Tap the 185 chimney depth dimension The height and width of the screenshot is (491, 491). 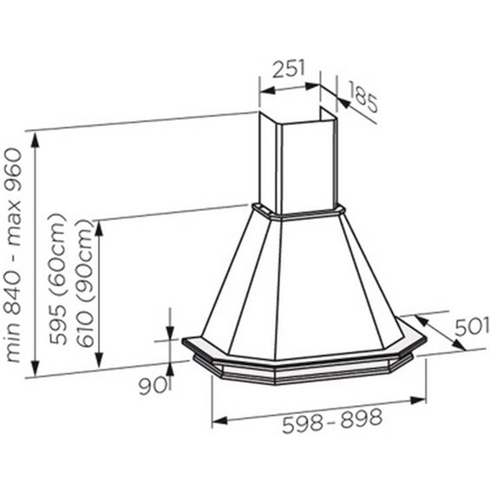coord(363,97)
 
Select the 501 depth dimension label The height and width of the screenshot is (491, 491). coord(471,327)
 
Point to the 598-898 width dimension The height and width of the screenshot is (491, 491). coord(332,421)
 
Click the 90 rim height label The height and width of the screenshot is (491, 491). coord(152,385)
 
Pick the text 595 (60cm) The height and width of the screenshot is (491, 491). coord(58,279)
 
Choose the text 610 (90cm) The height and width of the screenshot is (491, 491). coord(84,283)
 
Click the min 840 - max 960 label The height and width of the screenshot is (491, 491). coord(13,255)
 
